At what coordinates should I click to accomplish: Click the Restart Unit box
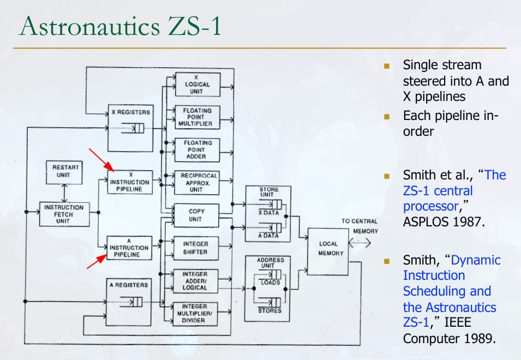[64, 171]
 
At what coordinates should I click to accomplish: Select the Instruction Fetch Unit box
[64, 214]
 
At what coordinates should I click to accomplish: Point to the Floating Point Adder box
[197, 149]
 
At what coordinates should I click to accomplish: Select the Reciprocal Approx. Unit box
[197, 183]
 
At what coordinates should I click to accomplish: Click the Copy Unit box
[196, 215]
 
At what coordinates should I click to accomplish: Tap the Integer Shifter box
[195, 248]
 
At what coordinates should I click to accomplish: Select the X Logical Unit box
[197, 85]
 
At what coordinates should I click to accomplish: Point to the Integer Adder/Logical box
[195, 280]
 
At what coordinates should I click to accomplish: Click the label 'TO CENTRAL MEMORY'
[360, 226]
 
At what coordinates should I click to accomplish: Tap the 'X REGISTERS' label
[130, 112]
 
